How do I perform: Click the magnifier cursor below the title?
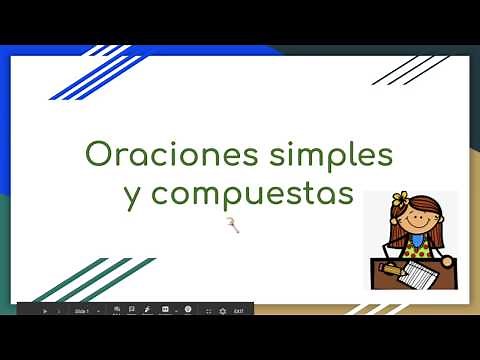(236, 227)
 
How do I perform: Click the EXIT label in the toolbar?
(238, 311)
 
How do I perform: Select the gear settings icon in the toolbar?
(222, 311)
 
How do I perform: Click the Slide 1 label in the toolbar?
(83, 311)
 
